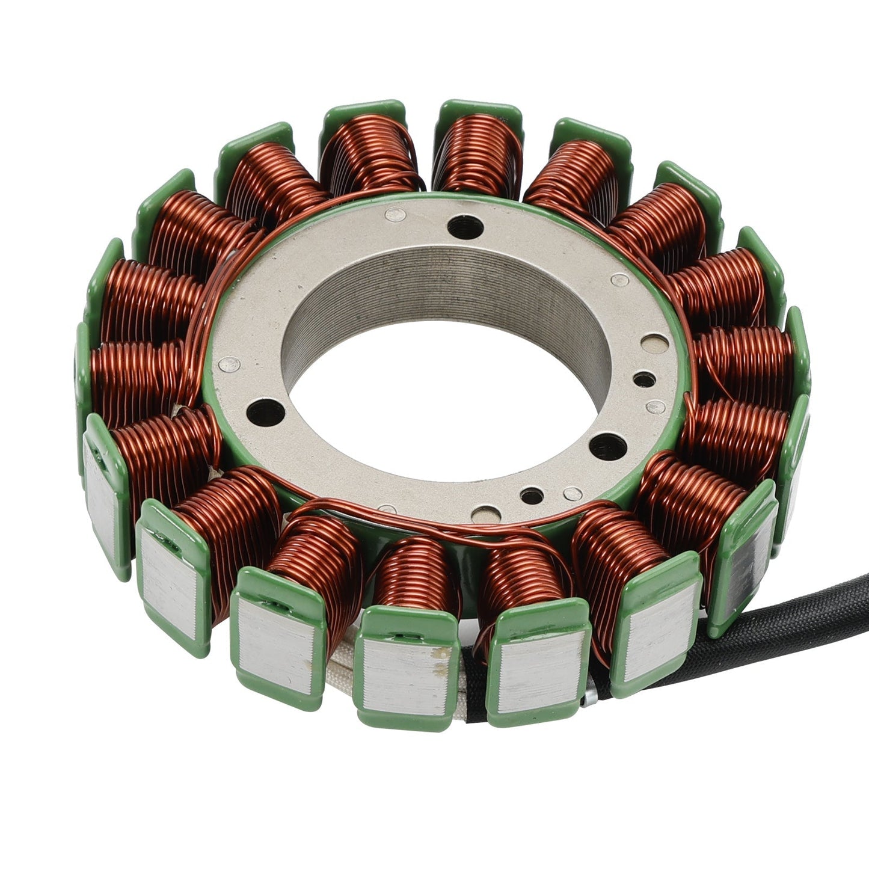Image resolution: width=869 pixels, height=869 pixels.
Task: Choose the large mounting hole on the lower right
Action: pos(604,446)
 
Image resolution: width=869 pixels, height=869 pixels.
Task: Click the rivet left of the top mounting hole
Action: pos(394,212)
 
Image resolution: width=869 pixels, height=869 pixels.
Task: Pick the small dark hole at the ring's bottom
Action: pos(529,496)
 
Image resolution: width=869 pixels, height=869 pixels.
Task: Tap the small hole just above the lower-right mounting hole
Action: pos(643,379)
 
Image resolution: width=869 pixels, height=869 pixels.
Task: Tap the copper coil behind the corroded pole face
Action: pos(415,571)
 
